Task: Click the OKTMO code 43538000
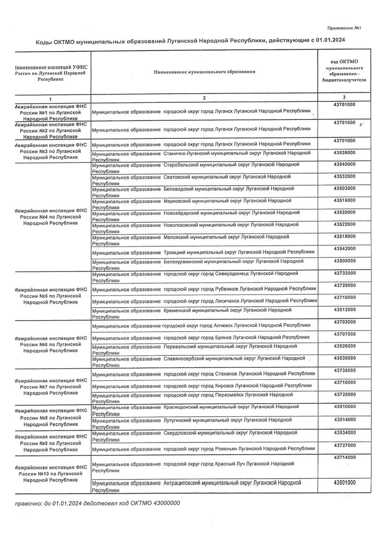[x=344, y=153]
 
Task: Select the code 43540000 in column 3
[x=344, y=165]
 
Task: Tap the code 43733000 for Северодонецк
[x=344, y=273]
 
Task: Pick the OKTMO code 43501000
[x=344, y=483]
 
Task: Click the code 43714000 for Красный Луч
[x=344, y=458]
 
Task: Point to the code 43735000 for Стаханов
[x=344, y=370]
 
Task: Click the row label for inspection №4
[x=51, y=217]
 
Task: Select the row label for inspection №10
[x=51, y=474]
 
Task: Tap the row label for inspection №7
[x=51, y=387]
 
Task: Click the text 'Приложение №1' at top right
[x=343, y=28]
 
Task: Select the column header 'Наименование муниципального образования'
[x=204, y=72]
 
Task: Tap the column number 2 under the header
[x=204, y=98]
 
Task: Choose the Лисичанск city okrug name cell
[x=204, y=301]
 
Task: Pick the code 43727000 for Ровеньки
[x=344, y=445]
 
